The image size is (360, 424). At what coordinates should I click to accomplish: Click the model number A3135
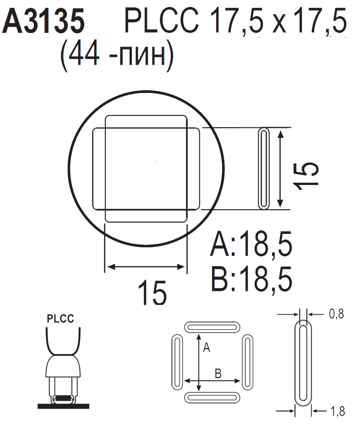(44, 21)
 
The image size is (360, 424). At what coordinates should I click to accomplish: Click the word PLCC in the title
(162, 21)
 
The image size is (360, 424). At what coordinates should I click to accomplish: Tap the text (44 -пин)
(117, 55)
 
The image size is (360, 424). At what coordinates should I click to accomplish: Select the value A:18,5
(251, 244)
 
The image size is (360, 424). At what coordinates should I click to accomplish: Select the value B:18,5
(251, 279)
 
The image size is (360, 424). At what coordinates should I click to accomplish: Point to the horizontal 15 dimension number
(152, 293)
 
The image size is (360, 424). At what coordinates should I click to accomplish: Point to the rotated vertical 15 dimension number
(306, 176)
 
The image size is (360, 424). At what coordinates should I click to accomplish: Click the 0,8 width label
(337, 314)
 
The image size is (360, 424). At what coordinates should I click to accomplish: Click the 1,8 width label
(338, 411)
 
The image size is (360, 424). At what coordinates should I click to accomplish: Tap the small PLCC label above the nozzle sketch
(60, 319)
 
